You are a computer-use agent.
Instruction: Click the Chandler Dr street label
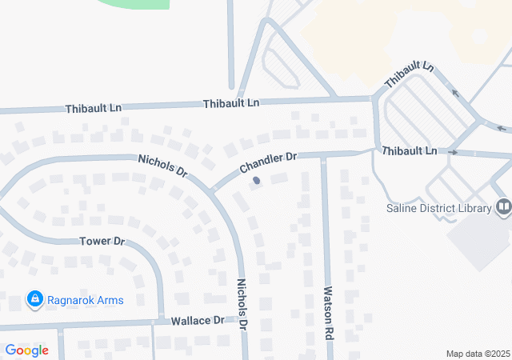[267, 164]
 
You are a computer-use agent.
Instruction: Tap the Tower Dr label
[102, 241]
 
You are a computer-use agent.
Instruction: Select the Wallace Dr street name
[198, 320]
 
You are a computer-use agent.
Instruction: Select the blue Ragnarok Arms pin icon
[34, 300]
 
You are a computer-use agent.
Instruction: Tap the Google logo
[26, 350]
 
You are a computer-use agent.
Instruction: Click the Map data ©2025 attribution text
[477, 354]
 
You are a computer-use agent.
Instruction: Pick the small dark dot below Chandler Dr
[256, 181]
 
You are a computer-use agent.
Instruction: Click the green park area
[136, 3]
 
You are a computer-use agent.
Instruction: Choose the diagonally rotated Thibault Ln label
[408, 77]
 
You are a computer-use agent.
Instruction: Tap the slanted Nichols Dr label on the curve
[162, 166]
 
